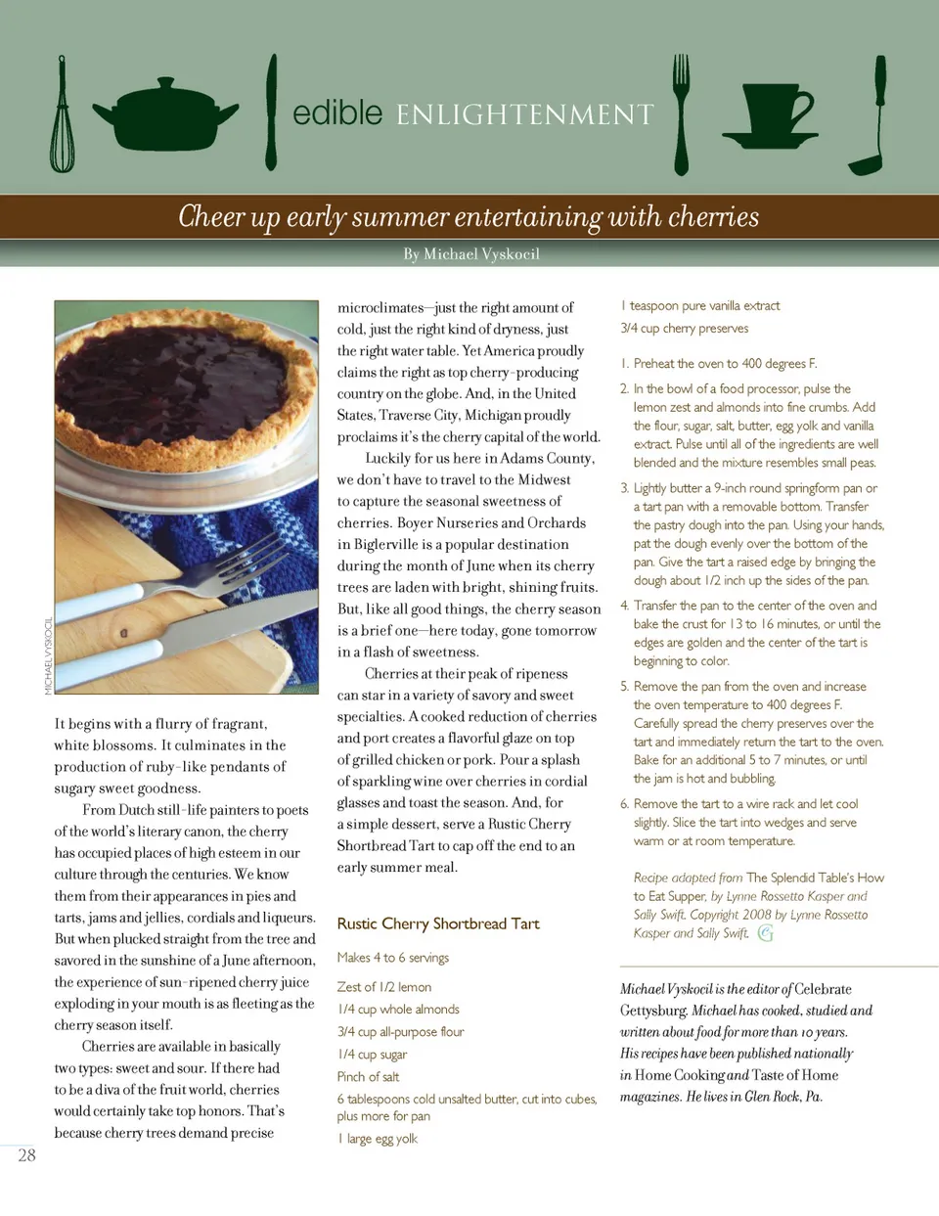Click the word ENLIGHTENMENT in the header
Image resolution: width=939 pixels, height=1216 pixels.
[x=525, y=115]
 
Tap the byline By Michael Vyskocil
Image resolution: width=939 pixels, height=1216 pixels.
[x=471, y=254]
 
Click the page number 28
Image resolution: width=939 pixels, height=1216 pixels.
[x=26, y=1155]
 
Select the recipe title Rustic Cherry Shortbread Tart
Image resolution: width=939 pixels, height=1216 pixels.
[x=438, y=923]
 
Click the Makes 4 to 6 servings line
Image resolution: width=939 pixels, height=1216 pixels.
[x=393, y=958]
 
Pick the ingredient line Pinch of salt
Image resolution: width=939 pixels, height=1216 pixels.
[x=368, y=1077]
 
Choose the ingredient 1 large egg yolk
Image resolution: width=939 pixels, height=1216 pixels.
[x=378, y=1139]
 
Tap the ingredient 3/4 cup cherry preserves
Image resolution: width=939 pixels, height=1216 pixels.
[x=685, y=329]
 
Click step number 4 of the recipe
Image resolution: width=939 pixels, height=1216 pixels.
[x=625, y=606]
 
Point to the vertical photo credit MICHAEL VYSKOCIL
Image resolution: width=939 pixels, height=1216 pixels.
[x=48, y=656]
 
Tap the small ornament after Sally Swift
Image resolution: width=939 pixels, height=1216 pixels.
[x=766, y=933]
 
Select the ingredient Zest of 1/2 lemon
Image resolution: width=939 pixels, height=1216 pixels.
[x=384, y=987]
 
